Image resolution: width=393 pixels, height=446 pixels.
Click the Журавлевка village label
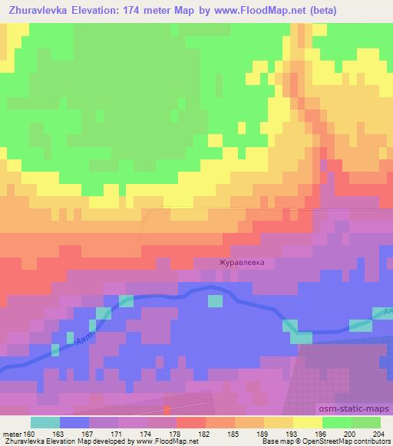coord(242,262)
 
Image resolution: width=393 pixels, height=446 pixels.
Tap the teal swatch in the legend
coord(45,422)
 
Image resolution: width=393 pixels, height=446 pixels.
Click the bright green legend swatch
coord(336,422)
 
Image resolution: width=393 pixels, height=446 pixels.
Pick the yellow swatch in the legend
coord(307,422)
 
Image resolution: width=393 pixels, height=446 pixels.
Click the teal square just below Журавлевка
coord(216,300)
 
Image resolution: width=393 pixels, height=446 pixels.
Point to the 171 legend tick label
coord(117,433)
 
